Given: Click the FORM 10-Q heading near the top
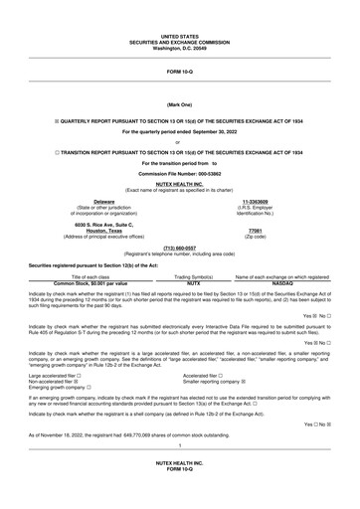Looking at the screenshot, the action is [180, 71].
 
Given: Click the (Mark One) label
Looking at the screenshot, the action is [180, 104].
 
